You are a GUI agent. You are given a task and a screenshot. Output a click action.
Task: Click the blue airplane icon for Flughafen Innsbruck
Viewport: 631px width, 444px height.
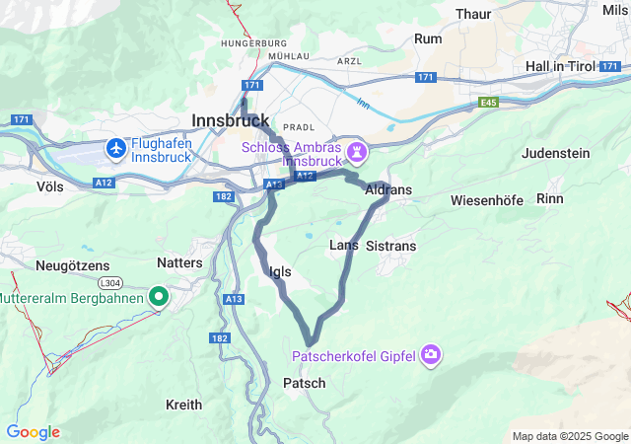(117, 148)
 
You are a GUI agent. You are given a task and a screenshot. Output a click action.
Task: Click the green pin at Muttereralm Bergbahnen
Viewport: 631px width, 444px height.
(158, 296)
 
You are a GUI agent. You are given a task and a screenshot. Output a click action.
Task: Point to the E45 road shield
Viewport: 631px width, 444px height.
(489, 102)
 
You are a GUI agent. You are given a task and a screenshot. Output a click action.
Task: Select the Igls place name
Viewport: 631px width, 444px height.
(280, 271)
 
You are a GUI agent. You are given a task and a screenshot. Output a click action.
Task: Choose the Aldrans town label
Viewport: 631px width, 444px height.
(387, 189)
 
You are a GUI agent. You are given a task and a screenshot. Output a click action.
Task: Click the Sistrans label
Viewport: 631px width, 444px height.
(390, 246)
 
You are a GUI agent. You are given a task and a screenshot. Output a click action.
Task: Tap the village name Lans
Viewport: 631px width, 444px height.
(342, 245)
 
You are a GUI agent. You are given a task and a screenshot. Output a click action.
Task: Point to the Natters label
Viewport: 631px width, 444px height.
(179, 263)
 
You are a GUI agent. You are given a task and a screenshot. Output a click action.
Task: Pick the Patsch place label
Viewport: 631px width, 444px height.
(304, 383)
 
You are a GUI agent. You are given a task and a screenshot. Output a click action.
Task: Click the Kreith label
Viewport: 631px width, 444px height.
(183, 405)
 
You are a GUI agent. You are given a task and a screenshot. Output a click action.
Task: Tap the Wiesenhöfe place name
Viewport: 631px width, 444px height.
(486, 200)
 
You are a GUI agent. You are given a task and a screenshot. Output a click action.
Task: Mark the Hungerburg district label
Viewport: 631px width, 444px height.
(253, 43)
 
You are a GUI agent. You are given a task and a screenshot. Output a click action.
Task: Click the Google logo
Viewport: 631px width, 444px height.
(33, 432)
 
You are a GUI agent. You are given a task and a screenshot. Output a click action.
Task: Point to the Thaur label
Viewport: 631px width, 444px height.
(474, 14)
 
